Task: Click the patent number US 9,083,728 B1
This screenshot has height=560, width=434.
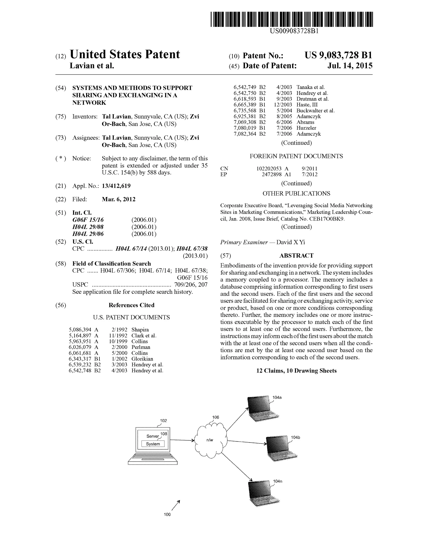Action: [338, 55]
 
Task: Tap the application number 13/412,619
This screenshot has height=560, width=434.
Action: [116, 186]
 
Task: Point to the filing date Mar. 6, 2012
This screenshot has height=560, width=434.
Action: [119, 199]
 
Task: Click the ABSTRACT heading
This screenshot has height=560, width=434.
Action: [296, 255]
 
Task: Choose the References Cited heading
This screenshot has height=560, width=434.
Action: [131, 305]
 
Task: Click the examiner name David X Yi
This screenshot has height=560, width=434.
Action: [291, 242]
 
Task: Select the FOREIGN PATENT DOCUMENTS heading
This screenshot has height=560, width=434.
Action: [296, 156]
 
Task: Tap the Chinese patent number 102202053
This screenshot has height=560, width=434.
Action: [269, 169]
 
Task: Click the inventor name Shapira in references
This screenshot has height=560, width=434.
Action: [140, 330]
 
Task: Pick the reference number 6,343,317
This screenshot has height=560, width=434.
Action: [80, 359]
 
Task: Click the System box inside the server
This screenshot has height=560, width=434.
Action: [153, 444]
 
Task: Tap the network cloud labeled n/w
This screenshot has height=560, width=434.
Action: [210, 440]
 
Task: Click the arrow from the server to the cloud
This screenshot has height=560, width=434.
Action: [182, 440]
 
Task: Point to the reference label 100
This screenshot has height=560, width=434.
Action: [167, 514]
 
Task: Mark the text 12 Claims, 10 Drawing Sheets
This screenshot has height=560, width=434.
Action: [296, 371]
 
